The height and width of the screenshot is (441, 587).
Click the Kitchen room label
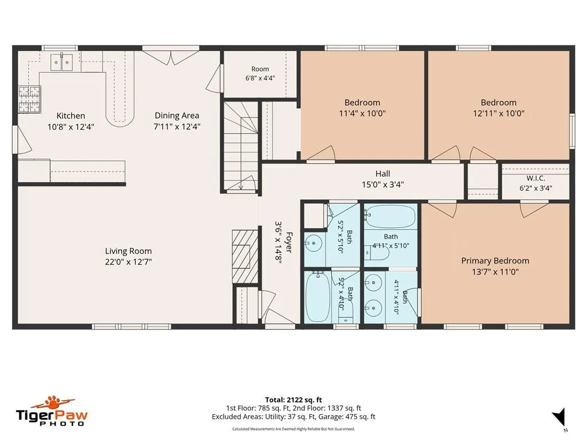tap(71, 115)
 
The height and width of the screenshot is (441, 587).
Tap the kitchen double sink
tap(62, 61)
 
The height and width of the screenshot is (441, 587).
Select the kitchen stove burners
tap(30, 99)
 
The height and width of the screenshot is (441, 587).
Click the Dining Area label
tap(177, 115)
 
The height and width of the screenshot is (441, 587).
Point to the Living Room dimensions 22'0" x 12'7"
tap(128, 262)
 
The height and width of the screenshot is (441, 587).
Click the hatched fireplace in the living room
tap(245, 257)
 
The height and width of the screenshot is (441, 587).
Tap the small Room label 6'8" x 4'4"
tap(260, 73)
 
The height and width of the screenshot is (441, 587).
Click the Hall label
tap(382, 173)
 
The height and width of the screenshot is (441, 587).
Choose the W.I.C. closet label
tap(536, 179)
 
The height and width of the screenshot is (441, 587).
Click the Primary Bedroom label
tap(495, 261)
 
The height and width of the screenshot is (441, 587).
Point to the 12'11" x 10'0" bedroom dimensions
tap(499, 113)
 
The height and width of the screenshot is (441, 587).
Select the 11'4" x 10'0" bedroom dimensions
tap(362, 113)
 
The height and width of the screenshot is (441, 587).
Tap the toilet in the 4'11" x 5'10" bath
tap(376, 253)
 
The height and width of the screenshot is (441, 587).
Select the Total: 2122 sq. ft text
tap(293, 400)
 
